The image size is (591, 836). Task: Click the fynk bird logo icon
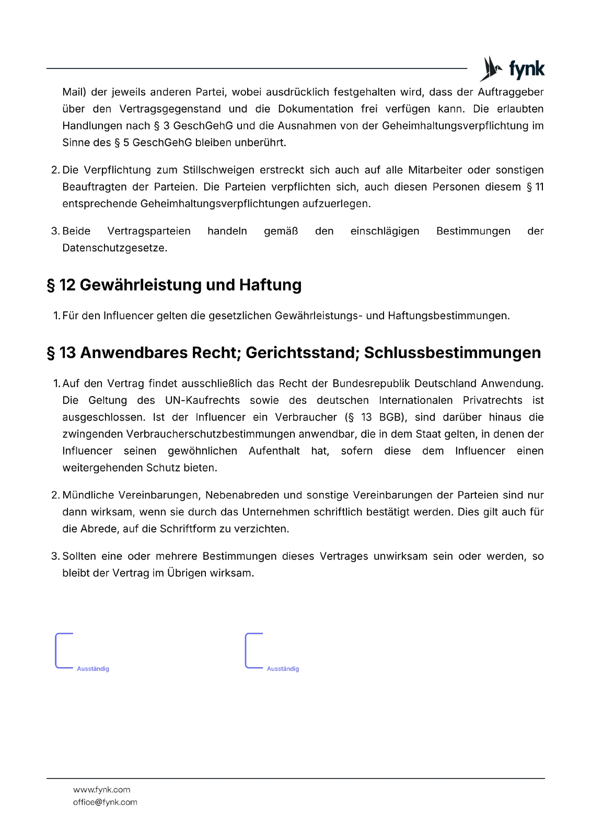click(x=491, y=69)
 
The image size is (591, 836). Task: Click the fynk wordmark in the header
click(x=527, y=69)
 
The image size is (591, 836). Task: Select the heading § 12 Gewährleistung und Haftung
click(x=174, y=285)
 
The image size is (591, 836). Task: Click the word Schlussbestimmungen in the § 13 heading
click(x=452, y=353)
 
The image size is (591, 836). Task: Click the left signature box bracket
click(x=63, y=650)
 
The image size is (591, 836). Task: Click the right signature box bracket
click(x=253, y=650)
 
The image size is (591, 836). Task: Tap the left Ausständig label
click(x=93, y=669)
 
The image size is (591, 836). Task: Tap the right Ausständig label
click(x=283, y=669)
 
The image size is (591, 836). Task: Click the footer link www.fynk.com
click(x=101, y=789)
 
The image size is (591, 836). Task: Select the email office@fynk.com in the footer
click(x=105, y=802)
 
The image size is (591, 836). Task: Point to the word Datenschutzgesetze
click(x=114, y=248)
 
